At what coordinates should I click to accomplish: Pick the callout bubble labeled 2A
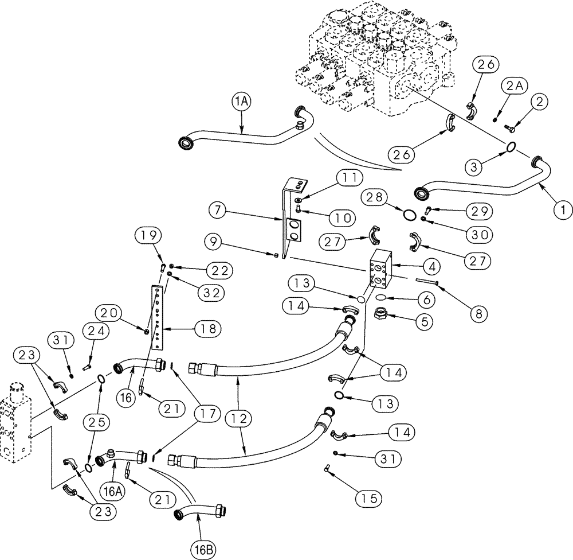(514, 87)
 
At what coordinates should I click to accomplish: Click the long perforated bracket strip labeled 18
(157, 317)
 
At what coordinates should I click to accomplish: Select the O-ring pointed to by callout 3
(511, 147)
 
